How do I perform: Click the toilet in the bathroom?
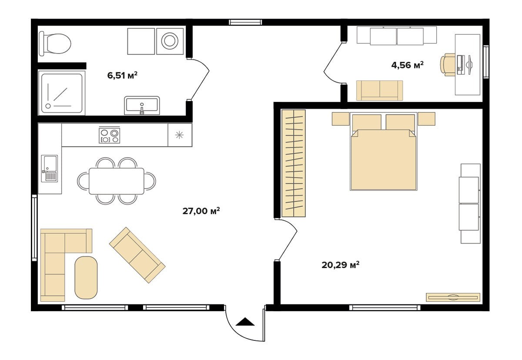(55, 44)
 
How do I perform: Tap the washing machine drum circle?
(170, 41)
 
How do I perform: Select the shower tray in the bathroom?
(62, 93)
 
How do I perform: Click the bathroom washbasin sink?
(142, 105)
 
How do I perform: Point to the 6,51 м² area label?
(122, 75)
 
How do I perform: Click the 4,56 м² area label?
(407, 65)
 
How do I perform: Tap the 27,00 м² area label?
(201, 211)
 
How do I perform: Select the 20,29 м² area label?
(341, 265)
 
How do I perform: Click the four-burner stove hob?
(109, 135)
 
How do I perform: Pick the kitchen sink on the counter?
(50, 168)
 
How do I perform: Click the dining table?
(117, 181)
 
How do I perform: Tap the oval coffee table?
(86, 278)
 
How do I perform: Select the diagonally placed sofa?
(137, 255)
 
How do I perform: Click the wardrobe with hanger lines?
(294, 163)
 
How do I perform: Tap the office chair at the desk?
(448, 64)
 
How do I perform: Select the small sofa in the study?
(380, 91)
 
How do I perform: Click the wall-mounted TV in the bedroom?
(453, 297)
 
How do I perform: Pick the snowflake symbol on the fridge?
(179, 135)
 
